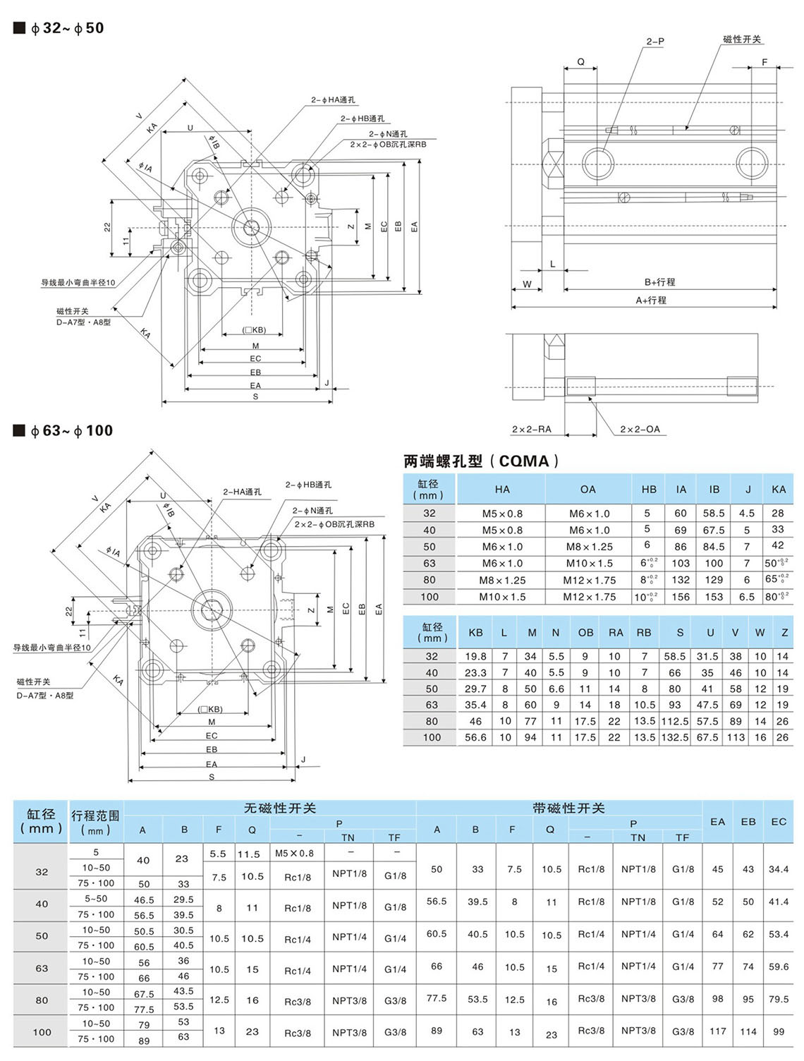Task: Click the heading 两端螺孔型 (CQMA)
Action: (x=482, y=461)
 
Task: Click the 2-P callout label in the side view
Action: (x=655, y=42)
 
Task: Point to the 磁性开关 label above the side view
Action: (x=742, y=40)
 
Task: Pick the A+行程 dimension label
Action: (x=651, y=301)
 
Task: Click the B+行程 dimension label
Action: (x=660, y=282)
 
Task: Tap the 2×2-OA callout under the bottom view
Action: (x=640, y=429)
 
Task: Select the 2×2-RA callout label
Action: (x=531, y=429)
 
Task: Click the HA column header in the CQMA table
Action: (x=502, y=489)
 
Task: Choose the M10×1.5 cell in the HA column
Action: (x=502, y=597)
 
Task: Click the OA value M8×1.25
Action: (x=587, y=547)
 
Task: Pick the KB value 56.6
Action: (x=475, y=737)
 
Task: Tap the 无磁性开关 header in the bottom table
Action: (x=280, y=808)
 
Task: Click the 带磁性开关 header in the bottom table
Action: (x=568, y=808)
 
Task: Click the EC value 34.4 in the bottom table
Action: (x=779, y=869)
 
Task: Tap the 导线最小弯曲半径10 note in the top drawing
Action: (x=78, y=283)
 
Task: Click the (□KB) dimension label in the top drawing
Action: (x=254, y=330)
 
